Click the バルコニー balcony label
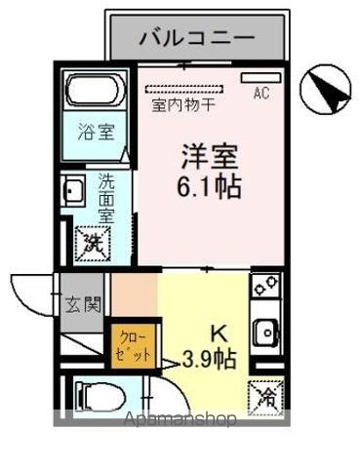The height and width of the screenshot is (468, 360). coord(197,38)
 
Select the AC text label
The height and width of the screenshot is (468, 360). coord(261,94)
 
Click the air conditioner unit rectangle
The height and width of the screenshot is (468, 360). coord(260,75)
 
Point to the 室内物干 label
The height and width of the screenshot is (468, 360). coord(184,101)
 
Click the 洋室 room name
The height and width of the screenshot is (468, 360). coord(209,157)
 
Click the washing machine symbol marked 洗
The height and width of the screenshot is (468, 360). coord(93,240)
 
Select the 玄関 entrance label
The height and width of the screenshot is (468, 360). coord(84,304)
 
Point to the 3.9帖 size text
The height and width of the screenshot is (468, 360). coord(210,359)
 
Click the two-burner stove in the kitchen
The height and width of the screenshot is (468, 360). coord(264,287)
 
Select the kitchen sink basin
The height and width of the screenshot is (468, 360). coord(264,333)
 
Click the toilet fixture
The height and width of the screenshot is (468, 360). coord(97,397)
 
